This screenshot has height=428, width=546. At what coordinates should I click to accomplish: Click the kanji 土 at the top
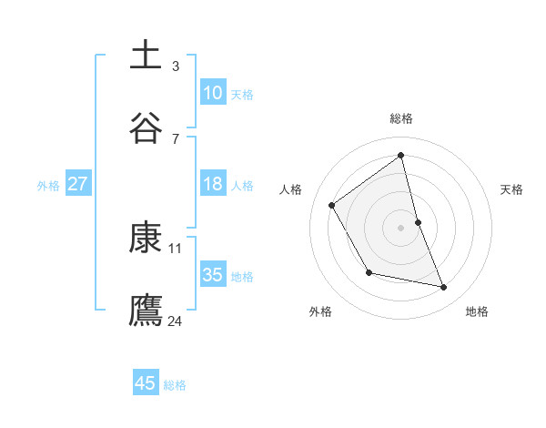147,56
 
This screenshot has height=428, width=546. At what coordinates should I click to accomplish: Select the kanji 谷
147,127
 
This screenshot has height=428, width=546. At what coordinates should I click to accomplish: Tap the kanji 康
147,237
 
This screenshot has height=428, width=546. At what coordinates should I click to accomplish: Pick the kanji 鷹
147,309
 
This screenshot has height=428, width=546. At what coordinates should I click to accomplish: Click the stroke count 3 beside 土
176,66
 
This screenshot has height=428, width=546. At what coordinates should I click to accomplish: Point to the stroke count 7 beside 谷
176,138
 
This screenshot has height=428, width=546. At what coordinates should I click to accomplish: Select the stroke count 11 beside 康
176,248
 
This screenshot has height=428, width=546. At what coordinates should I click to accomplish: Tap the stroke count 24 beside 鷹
176,320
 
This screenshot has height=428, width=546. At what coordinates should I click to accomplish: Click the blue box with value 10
213,93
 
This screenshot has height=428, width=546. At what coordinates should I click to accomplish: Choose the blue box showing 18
213,184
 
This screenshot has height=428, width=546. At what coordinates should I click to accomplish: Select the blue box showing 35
213,275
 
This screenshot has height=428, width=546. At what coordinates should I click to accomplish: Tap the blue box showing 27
78,184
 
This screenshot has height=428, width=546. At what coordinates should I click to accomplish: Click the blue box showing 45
146,383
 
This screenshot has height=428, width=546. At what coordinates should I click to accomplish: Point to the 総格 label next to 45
175,385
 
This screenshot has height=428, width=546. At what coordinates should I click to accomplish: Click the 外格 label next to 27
48,186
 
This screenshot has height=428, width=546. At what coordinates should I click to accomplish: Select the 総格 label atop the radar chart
400,118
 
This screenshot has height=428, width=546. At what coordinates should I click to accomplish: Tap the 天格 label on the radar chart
512,189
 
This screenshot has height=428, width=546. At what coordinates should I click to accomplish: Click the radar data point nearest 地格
444,288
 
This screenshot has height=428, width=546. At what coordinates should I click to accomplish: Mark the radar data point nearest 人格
332,205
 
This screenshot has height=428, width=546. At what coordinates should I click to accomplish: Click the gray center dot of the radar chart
400,227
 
